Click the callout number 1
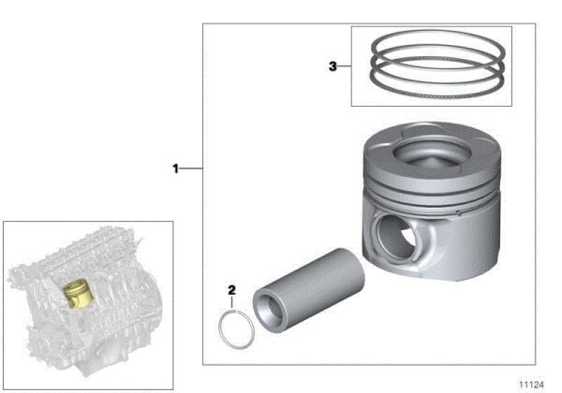(174, 168)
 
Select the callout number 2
(231, 289)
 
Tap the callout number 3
(333, 66)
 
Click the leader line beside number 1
(192, 168)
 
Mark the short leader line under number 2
(232, 302)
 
